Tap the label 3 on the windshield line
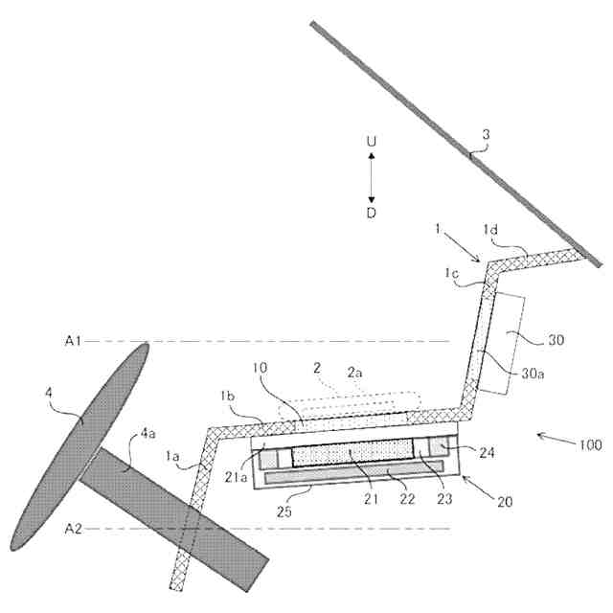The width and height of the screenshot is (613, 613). pyautogui.click(x=485, y=135)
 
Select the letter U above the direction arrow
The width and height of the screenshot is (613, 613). pyautogui.click(x=372, y=141)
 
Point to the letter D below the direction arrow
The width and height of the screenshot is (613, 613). pyautogui.click(x=372, y=213)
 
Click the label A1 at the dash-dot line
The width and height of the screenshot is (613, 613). pyautogui.click(x=72, y=340)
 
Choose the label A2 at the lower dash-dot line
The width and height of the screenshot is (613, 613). pyautogui.click(x=72, y=529)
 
